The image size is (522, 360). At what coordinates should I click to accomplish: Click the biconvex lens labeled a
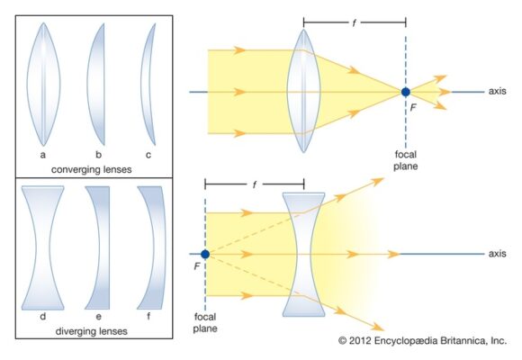pos(43,85)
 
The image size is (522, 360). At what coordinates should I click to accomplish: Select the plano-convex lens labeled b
pos(97,85)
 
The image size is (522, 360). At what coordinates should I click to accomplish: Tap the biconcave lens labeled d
pos(42,247)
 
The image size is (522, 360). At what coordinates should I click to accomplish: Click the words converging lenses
pos(91,169)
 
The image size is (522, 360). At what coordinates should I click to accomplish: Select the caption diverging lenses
pos(91,331)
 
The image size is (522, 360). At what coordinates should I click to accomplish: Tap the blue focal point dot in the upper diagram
pos(406,92)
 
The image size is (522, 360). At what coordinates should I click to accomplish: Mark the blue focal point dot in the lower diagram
pos(205,254)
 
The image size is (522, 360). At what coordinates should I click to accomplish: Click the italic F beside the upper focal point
pos(413,107)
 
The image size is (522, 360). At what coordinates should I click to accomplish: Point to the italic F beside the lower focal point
pos(197,266)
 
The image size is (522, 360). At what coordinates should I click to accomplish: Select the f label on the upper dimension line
pos(354,22)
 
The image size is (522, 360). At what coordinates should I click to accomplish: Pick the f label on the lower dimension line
pos(255,184)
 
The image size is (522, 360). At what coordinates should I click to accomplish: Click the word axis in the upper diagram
pos(498,91)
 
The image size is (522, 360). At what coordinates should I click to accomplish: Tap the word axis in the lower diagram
pos(498,254)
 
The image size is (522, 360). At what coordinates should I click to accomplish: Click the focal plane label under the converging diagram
pos(406,160)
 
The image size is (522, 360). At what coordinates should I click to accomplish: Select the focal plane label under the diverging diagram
pos(205,322)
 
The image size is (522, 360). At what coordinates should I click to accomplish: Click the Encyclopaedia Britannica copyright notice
pos(422,341)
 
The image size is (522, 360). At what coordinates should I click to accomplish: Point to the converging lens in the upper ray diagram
pos(303,91)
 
